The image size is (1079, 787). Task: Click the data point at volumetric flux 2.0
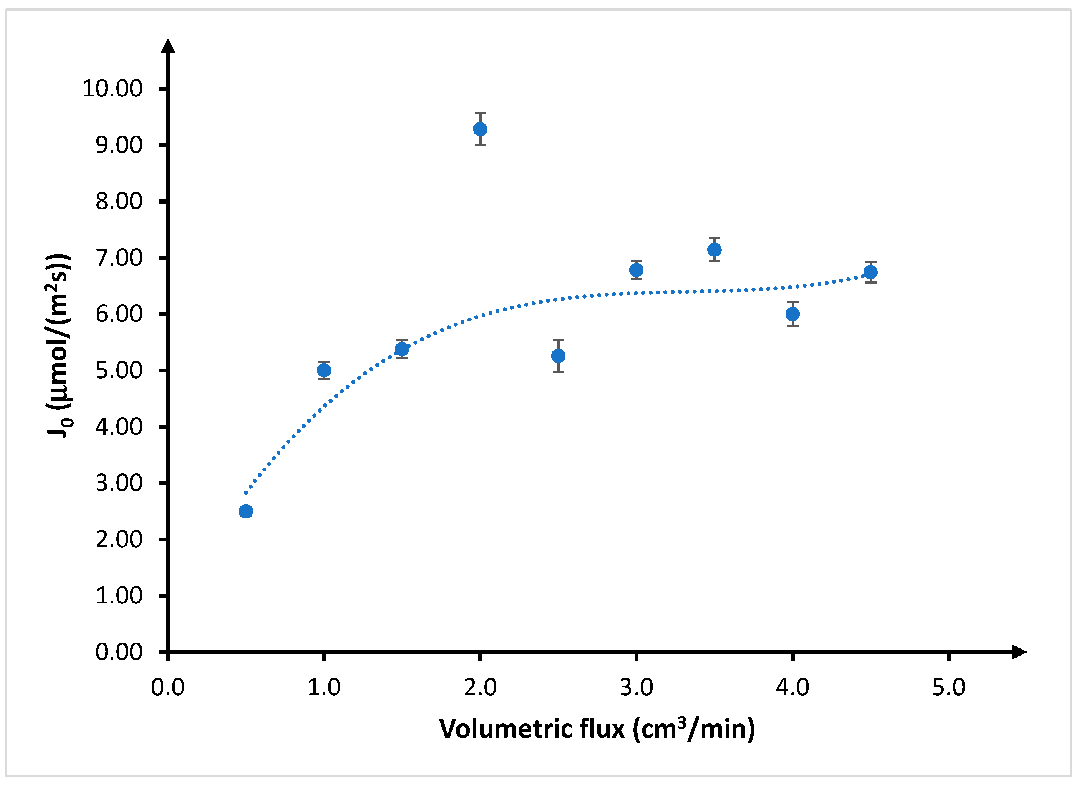tap(480, 129)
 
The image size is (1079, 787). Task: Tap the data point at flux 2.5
tap(558, 356)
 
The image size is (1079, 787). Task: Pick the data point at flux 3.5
tap(714, 250)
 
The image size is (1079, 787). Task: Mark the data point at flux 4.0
tap(792, 314)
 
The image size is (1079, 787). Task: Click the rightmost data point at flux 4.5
tap(871, 272)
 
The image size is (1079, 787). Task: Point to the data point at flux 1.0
tap(324, 370)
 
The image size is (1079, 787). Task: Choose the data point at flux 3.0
tap(636, 270)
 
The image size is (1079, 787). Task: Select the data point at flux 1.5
tap(402, 349)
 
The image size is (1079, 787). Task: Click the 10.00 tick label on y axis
tap(112, 89)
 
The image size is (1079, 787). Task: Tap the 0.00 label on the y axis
tap(119, 652)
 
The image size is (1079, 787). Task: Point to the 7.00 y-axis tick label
tap(119, 258)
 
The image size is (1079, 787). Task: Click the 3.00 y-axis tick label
tap(119, 483)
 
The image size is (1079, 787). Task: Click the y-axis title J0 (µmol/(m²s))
tap(59, 345)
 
